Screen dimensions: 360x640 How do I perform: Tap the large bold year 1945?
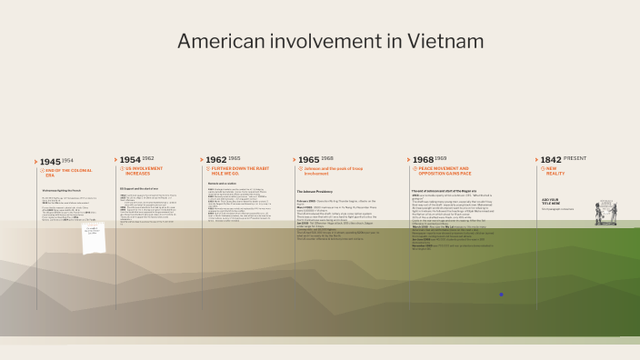click(x=50, y=161)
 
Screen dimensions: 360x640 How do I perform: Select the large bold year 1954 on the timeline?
click(x=130, y=159)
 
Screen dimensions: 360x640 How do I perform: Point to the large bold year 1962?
click(x=215, y=159)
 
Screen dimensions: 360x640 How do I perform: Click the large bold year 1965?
click(x=308, y=159)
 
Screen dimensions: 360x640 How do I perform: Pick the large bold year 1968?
click(x=423, y=159)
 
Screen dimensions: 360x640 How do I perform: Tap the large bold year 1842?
click(x=551, y=159)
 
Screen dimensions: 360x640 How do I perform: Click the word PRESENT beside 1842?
click(x=575, y=158)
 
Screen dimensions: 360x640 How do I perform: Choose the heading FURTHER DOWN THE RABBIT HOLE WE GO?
click(x=238, y=172)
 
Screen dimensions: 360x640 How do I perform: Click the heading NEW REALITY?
click(x=557, y=172)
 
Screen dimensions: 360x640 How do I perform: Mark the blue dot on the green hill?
click(x=501, y=295)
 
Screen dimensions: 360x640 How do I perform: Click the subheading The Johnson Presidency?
click(x=315, y=192)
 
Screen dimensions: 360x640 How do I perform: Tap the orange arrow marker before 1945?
click(x=36, y=161)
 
